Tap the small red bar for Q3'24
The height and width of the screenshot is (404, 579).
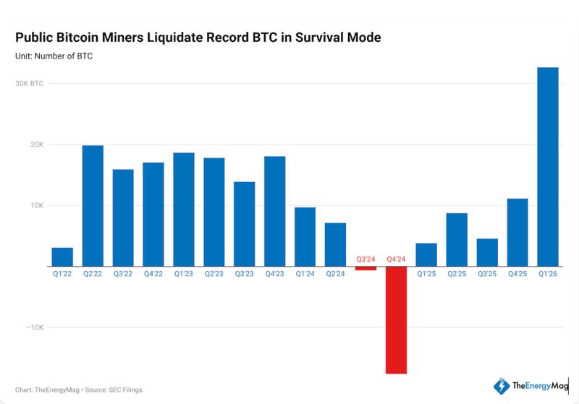365,268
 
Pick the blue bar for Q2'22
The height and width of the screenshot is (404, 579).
93,205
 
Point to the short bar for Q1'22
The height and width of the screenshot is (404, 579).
62,257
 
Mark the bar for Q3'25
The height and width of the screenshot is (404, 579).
487,252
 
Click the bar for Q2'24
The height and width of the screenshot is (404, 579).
335,244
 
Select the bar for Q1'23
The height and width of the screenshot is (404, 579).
183,209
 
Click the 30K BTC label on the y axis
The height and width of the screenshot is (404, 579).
30,84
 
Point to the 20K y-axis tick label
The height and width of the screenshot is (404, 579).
36,145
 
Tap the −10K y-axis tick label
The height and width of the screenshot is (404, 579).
35,327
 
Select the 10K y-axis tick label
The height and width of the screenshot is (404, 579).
36,206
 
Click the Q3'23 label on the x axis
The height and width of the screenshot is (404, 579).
244,274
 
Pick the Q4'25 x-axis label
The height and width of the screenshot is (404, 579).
517,274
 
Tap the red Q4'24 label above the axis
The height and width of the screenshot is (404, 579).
396,259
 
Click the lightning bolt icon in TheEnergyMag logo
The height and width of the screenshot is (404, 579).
499,386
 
